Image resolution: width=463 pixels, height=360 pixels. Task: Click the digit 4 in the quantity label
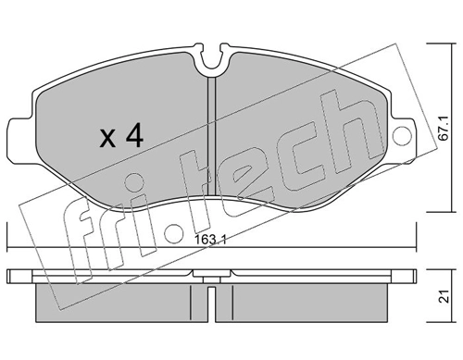click(133, 138)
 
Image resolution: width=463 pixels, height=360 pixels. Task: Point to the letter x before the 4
click(107, 141)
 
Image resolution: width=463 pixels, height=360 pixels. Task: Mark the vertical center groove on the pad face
click(212, 130)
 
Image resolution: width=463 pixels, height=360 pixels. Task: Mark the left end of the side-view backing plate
click(11, 276)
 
